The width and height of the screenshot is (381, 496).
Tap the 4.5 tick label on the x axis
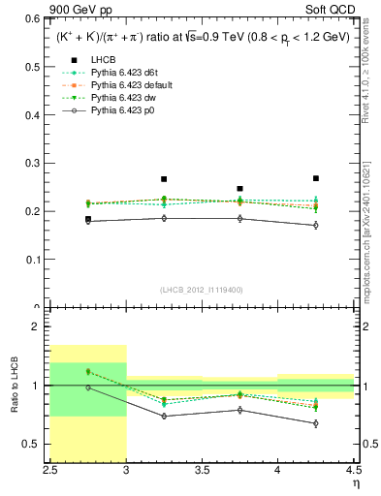coord(354,469)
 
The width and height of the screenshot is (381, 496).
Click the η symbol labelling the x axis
coord(356,481)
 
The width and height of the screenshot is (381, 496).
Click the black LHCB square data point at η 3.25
coord(164,179)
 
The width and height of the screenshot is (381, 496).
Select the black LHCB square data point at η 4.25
coord(315,178)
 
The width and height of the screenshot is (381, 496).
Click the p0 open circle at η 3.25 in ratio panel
coord(164,417)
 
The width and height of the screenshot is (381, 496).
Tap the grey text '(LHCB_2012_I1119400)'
coord(202,290)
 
